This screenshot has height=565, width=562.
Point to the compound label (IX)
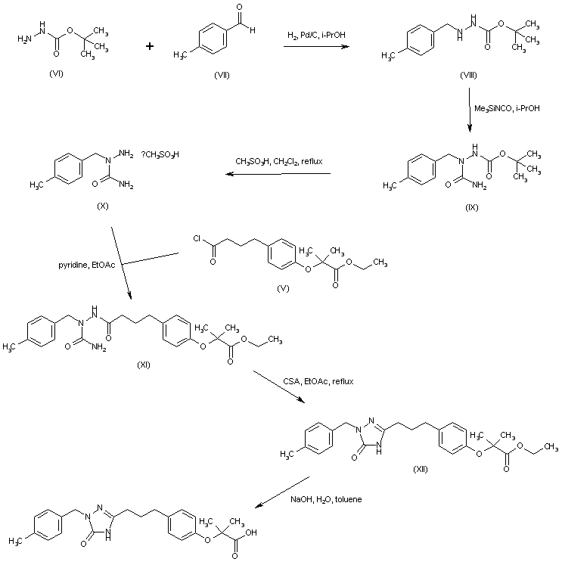pos(473,206)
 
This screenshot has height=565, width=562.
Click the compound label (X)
pos(104,206)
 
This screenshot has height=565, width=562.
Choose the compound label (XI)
pos(144,365)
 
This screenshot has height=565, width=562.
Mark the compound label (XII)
pos(421,469)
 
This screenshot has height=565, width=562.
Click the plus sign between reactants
pos(150,46)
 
